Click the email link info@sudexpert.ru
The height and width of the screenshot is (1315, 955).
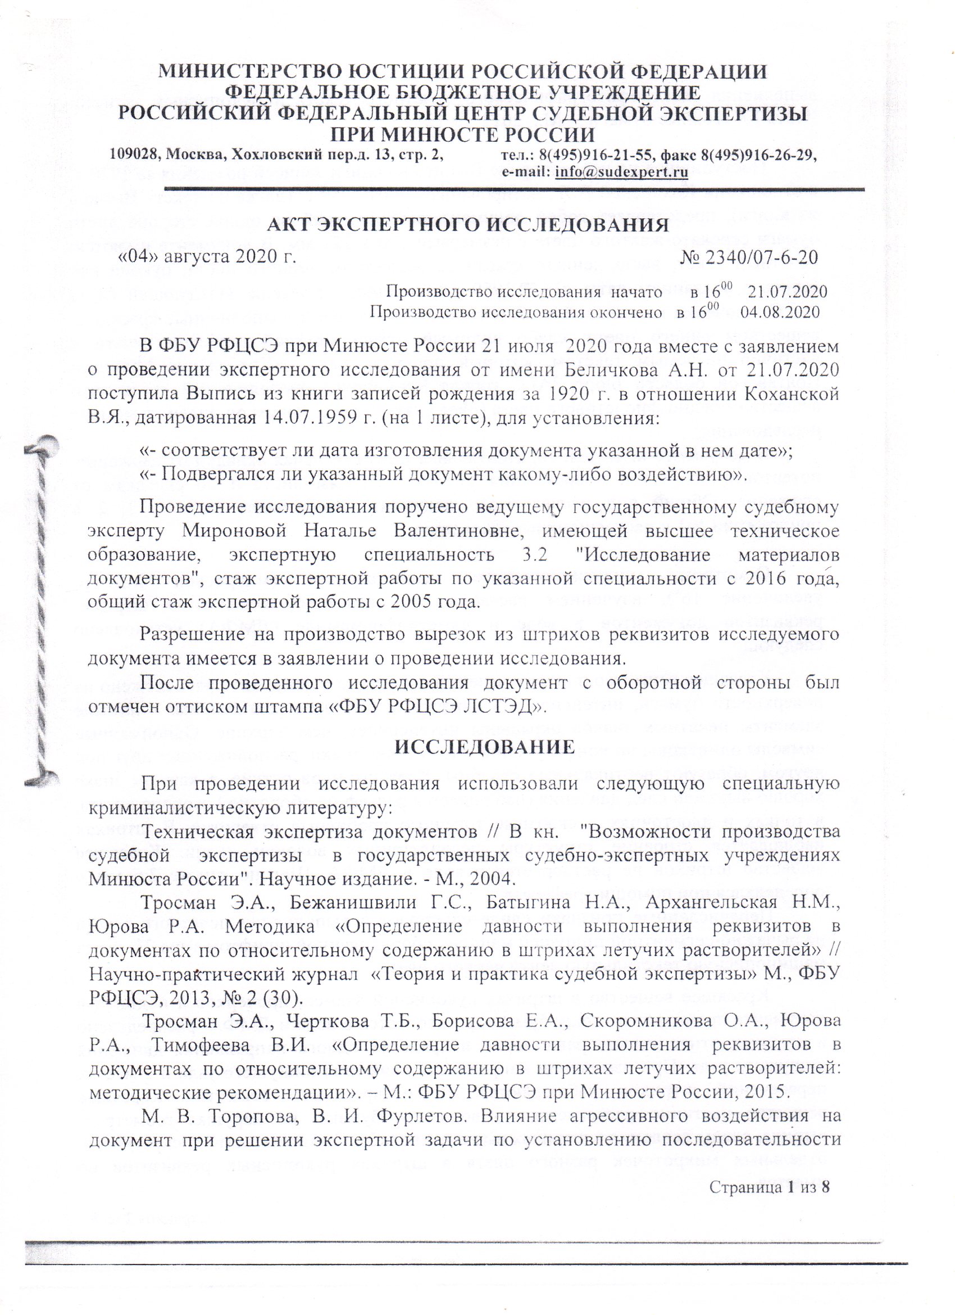click(621, 172)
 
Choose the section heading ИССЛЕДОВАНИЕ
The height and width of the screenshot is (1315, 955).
click(484, 747)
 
